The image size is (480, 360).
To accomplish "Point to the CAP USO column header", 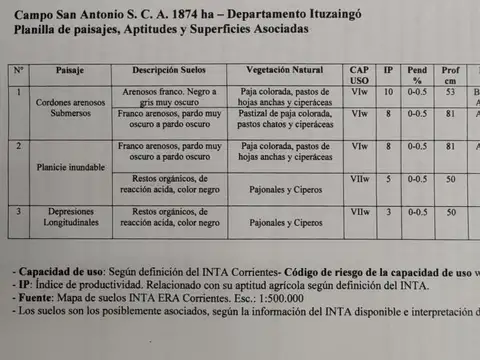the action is click(x=360, y=76).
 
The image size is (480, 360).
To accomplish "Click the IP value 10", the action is click(x=389, y=92).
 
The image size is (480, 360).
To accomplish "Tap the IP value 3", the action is click(x=389, y=212).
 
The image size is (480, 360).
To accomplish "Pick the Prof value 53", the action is click(x=452, y=92).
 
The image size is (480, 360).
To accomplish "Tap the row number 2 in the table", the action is click(x=18, y=146).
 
